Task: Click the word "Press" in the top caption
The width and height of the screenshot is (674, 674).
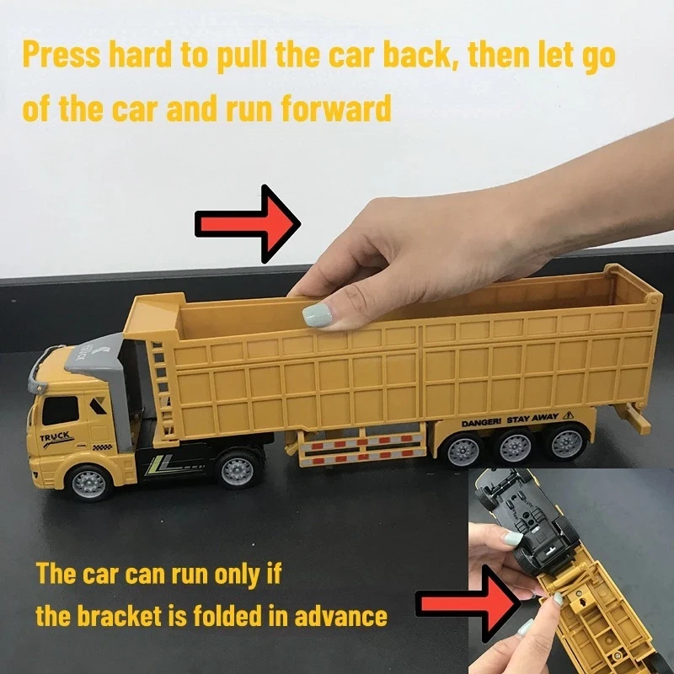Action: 62,56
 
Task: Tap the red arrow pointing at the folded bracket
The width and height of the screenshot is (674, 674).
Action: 468,604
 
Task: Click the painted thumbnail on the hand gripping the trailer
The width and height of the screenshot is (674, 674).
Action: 318,315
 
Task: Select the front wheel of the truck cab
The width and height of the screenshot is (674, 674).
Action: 89,484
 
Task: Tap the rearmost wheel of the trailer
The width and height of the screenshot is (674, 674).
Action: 567,442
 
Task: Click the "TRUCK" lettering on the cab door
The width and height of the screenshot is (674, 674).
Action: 55,437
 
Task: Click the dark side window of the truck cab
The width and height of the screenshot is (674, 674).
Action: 61,410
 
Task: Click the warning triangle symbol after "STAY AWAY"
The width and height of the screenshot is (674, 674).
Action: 568,415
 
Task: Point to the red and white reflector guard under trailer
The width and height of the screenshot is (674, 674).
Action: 361,448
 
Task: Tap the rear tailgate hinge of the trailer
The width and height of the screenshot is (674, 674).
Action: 655,299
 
